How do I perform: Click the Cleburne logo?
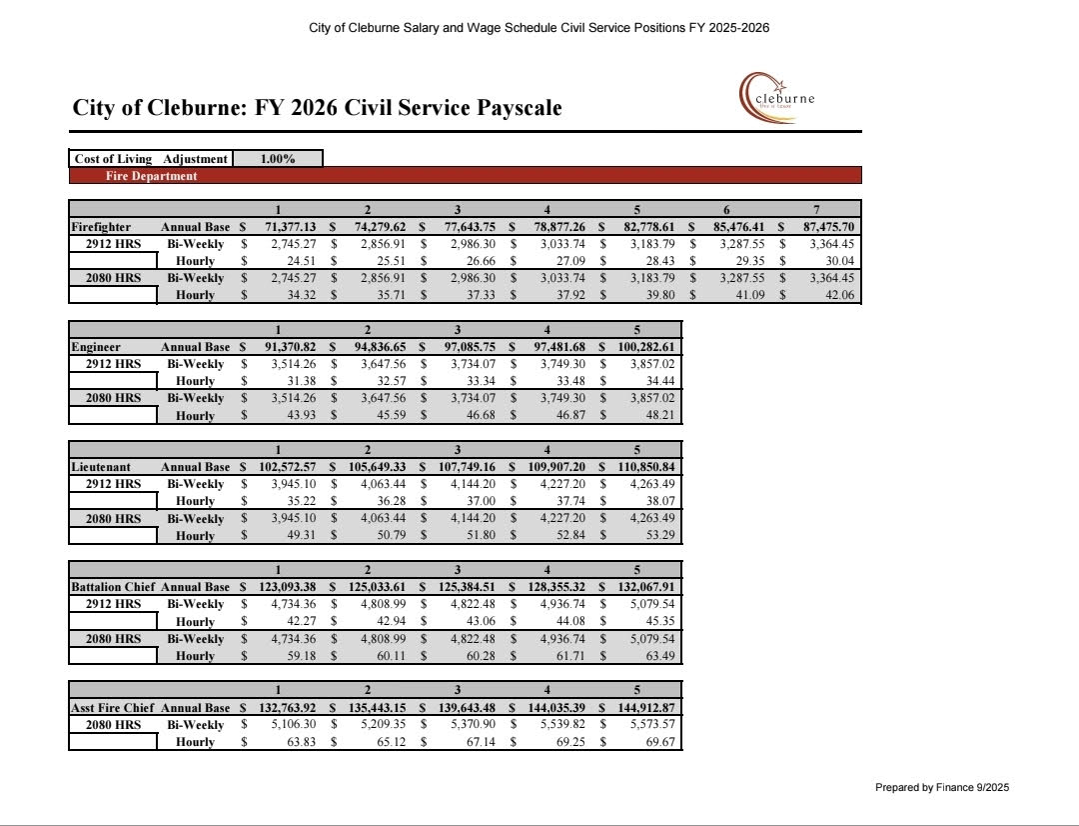(x=776, y=98)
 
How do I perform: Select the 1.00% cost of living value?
(x=278, y=158)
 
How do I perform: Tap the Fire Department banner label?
(x=152, y=176)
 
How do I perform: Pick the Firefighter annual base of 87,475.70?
(x=828, y=227)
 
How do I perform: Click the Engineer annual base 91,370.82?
(x=291, y=347)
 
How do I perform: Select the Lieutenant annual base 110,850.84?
(x=646, y=466)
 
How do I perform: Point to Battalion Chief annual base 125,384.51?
(x=467, y=587)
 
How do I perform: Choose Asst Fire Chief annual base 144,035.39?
(x=556, y=708)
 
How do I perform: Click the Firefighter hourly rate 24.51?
(x=302, y=260)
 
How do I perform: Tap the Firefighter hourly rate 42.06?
(x=839, y=295)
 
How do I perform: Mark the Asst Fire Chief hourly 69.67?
(x=660, y=742)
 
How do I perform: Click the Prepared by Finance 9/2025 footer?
(x=942, y=787)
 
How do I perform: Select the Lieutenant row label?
(x=101, y=466)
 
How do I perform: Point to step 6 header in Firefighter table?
(x=726, y=209)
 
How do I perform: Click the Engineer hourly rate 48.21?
(x=660, y=415)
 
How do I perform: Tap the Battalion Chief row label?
(x=113, y=587)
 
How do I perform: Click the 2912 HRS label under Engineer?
(x=113, y=364)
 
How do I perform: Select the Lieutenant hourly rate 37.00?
(x=481, y=501)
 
